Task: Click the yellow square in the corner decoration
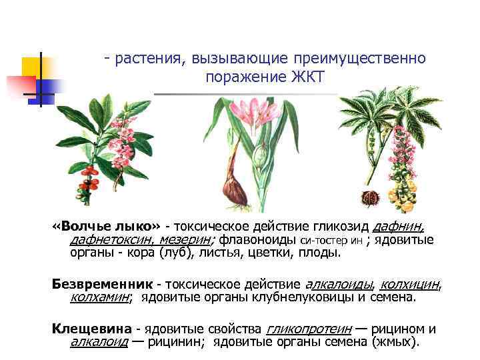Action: click(x=33, y=67)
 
